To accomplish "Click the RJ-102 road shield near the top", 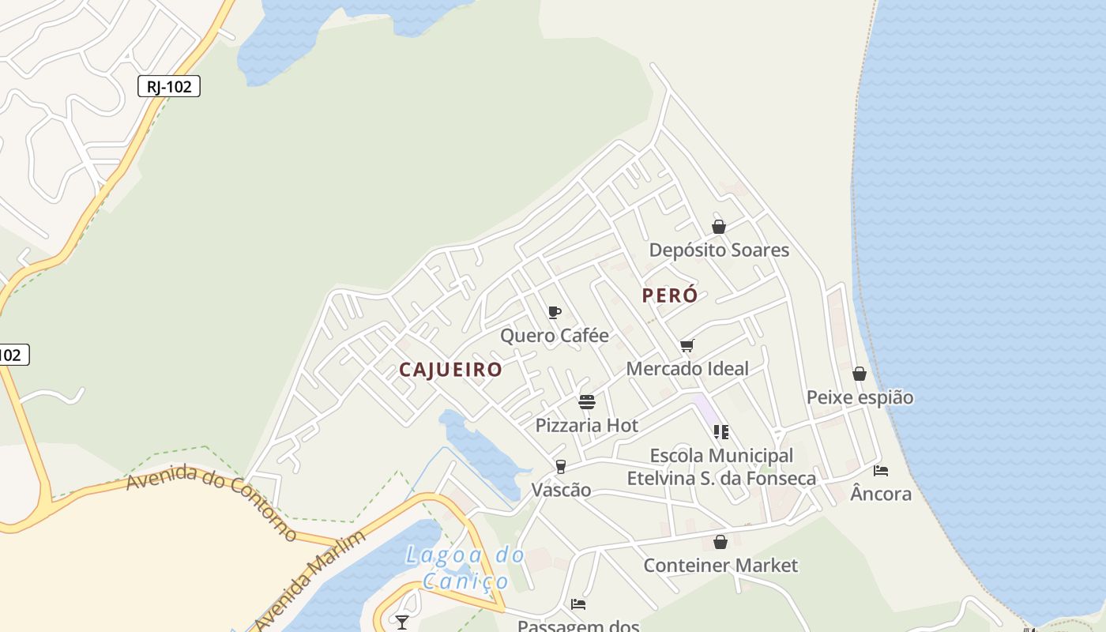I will coord(169,86).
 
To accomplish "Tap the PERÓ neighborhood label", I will coord(670,295).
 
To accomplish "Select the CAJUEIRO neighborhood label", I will coord(450,369).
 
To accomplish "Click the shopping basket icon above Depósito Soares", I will coord(719,227).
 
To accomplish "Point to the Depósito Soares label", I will coord(719,250).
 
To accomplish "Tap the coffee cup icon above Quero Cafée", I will coord(555,312).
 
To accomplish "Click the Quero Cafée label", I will coord(555,336).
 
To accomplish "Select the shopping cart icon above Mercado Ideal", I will coord(687,345).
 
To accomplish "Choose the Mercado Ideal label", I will coord(687,369).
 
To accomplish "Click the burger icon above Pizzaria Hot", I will coord(586,402).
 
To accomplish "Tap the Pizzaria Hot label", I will coord(587,425).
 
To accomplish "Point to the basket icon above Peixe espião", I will coord(860,374).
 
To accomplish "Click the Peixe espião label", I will coord(860,397).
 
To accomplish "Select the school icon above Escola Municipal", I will coord(720,431).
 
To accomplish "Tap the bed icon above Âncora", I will coord(881,471).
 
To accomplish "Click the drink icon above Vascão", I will coord(561,466).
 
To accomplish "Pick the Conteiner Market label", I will coord(720,566).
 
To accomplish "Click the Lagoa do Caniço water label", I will coord(465,568).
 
